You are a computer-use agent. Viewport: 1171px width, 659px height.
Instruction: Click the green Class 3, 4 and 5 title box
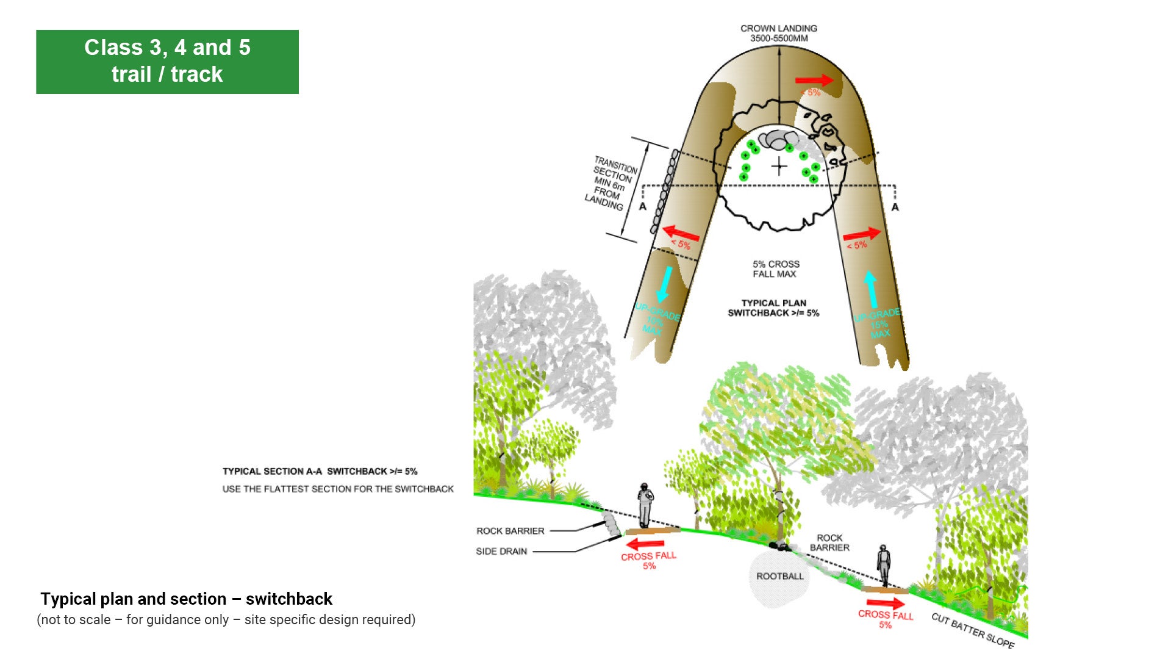(167, 62)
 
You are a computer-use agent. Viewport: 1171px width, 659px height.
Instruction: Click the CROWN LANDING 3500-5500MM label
(778, 33)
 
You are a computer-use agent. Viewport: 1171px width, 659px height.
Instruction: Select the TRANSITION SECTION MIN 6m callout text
(611, 183)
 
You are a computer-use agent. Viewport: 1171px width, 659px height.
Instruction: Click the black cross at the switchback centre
(779, 166)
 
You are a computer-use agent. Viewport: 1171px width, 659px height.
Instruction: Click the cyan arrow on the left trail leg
(665, 283)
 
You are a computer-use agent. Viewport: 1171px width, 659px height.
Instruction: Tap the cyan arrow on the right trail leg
(871, 289)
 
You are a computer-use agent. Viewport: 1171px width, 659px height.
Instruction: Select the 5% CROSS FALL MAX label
(775, 269)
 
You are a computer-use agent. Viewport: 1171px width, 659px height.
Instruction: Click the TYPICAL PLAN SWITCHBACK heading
(773, 308)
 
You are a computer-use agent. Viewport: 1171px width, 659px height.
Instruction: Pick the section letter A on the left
(642, 207)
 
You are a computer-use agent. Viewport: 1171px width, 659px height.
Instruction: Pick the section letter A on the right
(895, 207)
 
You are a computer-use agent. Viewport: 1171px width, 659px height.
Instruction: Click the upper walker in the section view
(645, 505)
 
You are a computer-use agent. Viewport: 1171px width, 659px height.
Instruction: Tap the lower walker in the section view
(883, 565)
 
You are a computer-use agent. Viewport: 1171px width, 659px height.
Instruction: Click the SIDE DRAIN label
(501, 552)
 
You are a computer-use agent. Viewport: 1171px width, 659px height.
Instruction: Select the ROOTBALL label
(779, 577)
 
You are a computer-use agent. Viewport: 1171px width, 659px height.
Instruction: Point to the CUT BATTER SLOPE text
(973, 630)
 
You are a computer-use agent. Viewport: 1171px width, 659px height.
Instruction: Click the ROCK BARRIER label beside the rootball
(829, 542)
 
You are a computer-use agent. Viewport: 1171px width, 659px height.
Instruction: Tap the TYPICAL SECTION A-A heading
(320, 472)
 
